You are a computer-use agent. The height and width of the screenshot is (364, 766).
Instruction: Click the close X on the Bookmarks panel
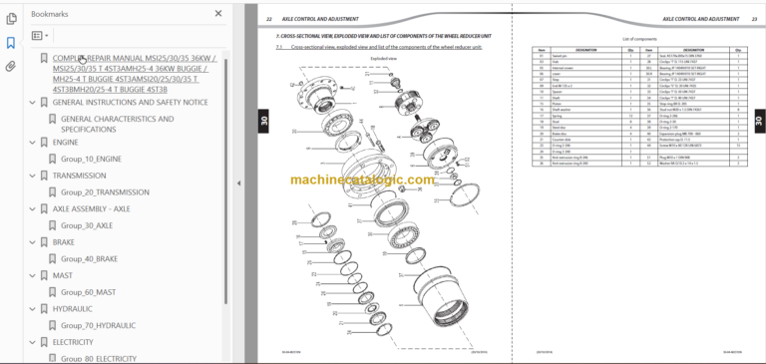click(x=218, y=14)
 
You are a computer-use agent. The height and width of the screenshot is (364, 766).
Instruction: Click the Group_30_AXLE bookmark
click(x=87, y=225)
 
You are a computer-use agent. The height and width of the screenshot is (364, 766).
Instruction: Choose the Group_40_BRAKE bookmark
click(x=89, y=258)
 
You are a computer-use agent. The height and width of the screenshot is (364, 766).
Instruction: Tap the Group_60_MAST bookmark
click(x=88, y=292)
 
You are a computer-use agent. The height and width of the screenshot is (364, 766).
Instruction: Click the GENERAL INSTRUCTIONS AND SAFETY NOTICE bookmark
click(x=130, y=103)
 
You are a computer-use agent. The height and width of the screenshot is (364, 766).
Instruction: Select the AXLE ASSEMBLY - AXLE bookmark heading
click(x=91, y=208)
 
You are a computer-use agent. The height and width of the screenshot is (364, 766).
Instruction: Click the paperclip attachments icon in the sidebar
click(x=11, y=66)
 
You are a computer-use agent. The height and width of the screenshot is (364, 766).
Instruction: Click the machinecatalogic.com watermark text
click(x=363, y=181)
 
